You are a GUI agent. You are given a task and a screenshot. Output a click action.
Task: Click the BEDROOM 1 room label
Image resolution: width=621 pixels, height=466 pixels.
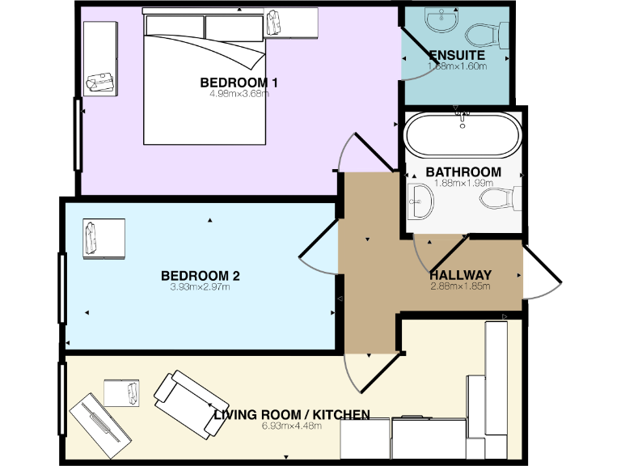coord(239,83)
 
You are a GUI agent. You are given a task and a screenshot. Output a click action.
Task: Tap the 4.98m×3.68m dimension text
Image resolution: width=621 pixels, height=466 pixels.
coord(239,94)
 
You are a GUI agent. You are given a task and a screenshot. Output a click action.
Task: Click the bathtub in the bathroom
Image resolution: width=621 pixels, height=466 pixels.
coord(462,135)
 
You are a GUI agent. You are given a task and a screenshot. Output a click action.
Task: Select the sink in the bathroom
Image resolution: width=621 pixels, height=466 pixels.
coord(419,199)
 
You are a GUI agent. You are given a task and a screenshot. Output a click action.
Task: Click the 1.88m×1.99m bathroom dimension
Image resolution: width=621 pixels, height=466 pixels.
coord(463,183)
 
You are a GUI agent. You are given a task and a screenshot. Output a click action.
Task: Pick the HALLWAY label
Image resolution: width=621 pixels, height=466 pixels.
coord(460,274)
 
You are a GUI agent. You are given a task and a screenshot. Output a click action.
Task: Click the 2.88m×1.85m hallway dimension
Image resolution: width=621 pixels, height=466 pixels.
coord(461,286)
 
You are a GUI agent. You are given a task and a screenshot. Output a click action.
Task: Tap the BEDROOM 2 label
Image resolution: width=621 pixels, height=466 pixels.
coord(200,275)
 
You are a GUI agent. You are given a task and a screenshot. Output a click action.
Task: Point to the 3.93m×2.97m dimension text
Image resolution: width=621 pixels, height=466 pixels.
coord(200,286)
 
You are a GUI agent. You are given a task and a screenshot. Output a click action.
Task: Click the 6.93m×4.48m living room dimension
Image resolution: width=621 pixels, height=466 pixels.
coord(292,426)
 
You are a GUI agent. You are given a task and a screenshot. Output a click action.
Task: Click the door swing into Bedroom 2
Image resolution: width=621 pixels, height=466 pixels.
coord(319,252)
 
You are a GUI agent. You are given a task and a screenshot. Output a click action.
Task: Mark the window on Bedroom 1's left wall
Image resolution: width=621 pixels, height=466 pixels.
coord(78,134)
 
